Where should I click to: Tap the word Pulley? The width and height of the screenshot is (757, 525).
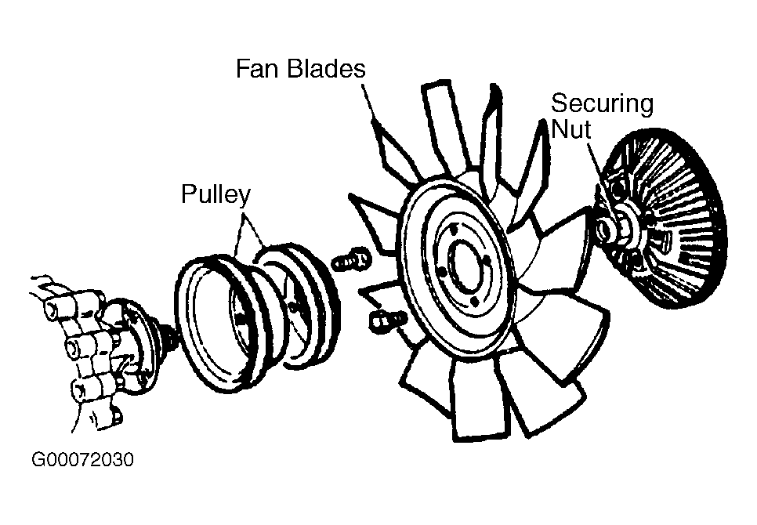(x=215, y=194)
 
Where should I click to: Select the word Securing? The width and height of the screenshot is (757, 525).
(x=602, y=103)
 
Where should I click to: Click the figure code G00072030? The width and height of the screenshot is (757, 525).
(x=82, y=460)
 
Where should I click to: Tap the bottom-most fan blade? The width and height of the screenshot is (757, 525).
(x=478, y=407)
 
